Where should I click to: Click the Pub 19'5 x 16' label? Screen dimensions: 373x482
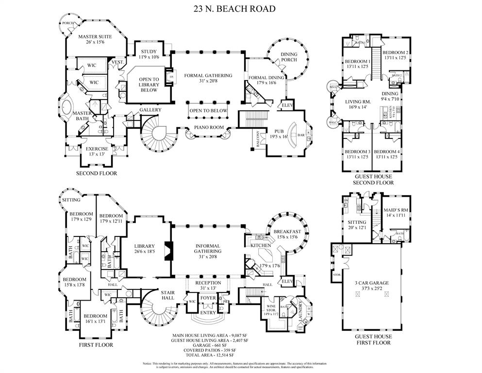(278, 134)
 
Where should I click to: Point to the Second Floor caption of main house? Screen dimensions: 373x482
(96, 173)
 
